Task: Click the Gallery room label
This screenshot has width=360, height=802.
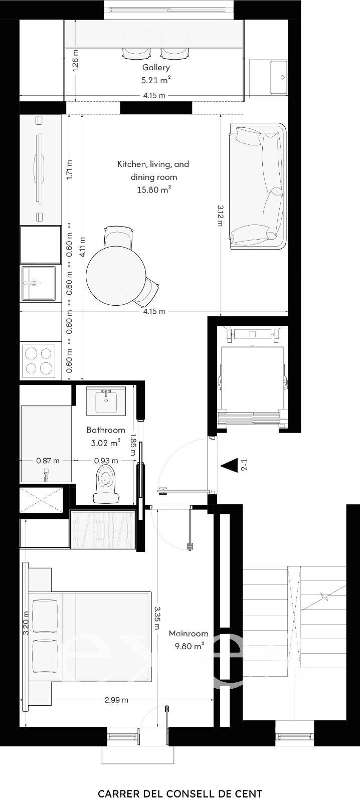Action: point(156,68)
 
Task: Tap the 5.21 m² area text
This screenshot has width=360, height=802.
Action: point(156,80)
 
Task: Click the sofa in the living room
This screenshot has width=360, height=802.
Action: point(258,186)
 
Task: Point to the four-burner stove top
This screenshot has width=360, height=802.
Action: point(39,361)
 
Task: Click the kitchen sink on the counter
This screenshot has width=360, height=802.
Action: point(38,283)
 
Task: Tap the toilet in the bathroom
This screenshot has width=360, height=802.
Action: point(106,482)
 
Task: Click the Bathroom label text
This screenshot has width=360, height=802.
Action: point(106,430)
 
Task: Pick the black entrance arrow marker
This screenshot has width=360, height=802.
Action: point(230,466)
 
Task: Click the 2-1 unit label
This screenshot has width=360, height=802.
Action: point(244,465)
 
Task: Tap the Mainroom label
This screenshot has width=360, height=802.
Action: point(189,633)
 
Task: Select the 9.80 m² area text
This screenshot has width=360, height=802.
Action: point(189,646)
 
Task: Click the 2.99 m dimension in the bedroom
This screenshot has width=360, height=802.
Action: point(116,700)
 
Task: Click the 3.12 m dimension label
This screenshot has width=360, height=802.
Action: point(220,215)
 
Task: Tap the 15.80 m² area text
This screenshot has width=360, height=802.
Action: point(153,190)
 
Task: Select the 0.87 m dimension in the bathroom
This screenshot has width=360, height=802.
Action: point(48,461)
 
